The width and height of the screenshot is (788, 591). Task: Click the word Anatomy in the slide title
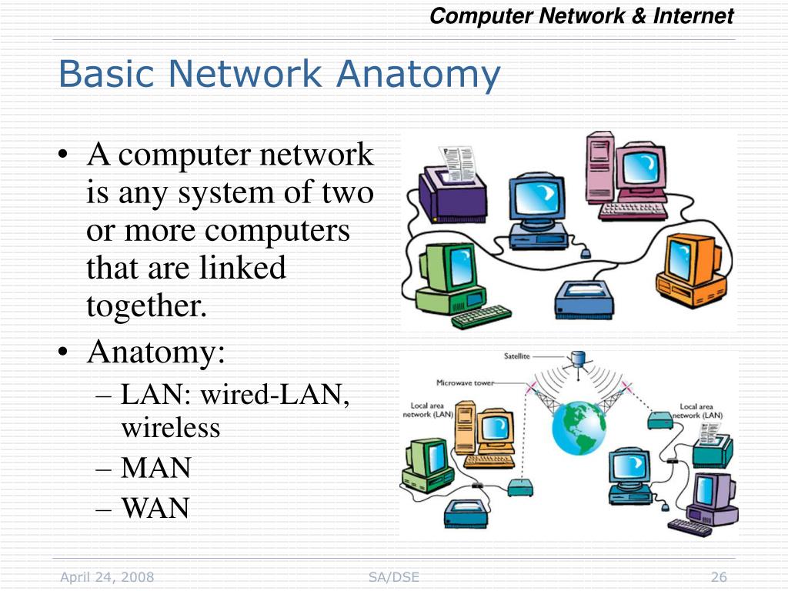point(419,75)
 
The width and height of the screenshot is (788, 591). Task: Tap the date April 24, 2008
point(107,577)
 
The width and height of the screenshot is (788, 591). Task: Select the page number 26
point(720,577)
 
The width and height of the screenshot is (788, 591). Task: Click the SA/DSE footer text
point(394,577)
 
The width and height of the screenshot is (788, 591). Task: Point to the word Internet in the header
point(693,16)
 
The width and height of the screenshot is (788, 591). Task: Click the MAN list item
point(155,468)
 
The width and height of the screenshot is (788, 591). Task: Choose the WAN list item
point(155,508)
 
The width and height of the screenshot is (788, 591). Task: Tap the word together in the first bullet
point(147,306)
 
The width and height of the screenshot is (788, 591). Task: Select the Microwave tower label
point(465,382)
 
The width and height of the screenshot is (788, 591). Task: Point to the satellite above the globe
point(578,359)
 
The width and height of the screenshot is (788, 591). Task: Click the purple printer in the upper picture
point(452,192)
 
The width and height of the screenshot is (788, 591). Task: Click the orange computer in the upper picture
point(689,269)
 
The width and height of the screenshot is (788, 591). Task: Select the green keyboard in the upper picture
point(482,316)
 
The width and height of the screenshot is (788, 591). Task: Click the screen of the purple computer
point(703,490)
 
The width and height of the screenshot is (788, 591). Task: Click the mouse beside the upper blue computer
point(586,252)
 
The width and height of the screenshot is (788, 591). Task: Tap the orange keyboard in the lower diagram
point(489,461)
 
